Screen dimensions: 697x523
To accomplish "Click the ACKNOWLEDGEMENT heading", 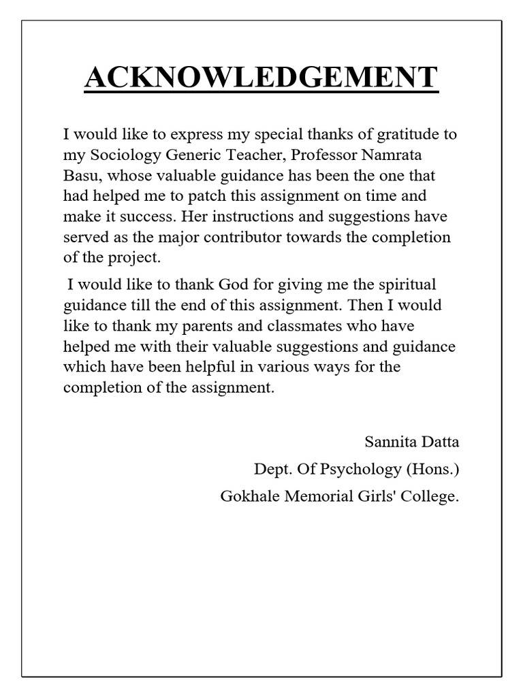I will (x=261, y=77).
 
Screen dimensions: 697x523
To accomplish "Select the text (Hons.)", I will (x=432, y=469).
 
